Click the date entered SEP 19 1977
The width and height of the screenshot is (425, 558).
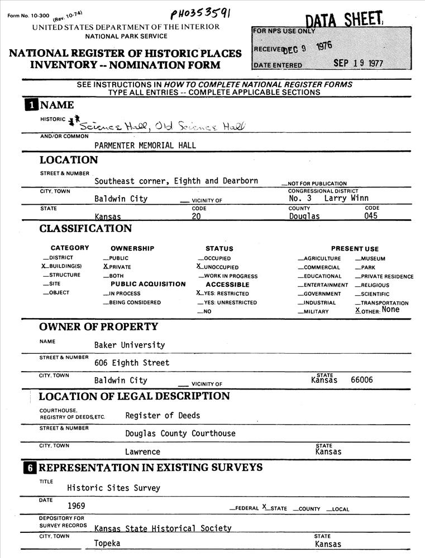[358, 63]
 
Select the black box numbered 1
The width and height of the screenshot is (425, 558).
[31, 105]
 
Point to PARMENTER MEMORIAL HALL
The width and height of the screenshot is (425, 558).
[145, 146]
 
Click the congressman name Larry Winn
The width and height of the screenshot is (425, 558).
[346, 198]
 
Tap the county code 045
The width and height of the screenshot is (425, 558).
[371, 216]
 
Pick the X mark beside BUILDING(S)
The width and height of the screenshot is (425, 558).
[44, 267]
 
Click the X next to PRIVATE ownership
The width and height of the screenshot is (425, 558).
[105, 267]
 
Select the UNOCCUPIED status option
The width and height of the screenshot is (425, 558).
[221, 267]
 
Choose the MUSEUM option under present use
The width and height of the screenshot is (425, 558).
[373, 258]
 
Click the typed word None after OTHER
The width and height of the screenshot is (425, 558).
[390, 310]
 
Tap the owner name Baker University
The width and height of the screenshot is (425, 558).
[130, 345]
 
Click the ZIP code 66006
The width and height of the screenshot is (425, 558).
[362, 380]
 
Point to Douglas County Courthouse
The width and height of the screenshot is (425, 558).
[180, 434]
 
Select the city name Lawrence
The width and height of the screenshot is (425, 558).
[142, 451]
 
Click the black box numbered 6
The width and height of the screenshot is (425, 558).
[30, 468]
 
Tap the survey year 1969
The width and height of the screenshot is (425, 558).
[77, 506]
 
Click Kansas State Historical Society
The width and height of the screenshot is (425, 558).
[163, 528]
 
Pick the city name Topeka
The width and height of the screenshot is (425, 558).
[107, 543]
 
